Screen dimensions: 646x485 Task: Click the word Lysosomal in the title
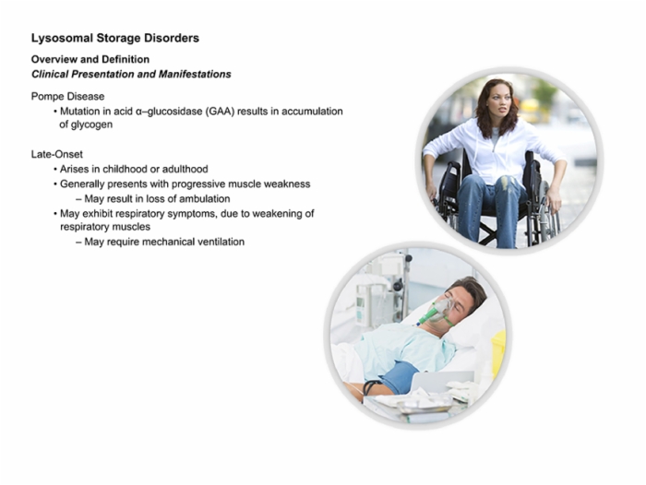tap(62, 39)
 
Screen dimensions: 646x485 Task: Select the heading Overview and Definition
tap(90, 59)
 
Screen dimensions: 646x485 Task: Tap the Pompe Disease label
tap(68, 96)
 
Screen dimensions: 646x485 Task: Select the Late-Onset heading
tap(57, 154)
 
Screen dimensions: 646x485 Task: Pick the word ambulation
tap(205, 199)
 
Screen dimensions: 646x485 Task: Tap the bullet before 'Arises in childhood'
tap(54, 170)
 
